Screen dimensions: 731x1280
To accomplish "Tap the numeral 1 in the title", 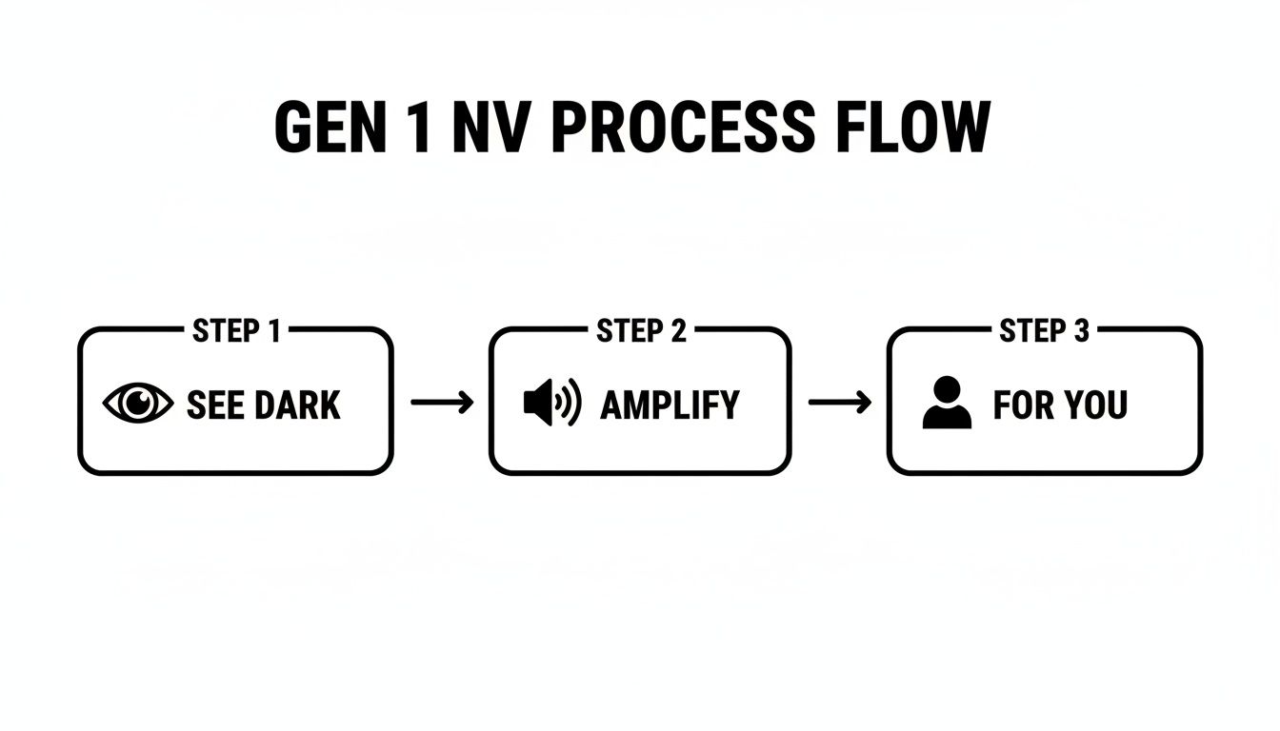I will [x=418, y=128].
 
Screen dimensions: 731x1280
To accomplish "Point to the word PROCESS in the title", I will [x=682, y=128].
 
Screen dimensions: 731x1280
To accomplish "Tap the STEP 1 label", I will [x=236, y=331].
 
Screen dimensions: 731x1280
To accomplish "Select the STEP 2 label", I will [x=641, y=331].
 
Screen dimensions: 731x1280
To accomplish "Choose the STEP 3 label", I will [x=1044, y=331].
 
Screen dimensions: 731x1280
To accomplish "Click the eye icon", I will [x=138, y=405].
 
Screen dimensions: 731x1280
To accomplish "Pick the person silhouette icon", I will [x=947, y=404].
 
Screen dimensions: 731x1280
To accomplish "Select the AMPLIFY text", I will [x=670, y=405].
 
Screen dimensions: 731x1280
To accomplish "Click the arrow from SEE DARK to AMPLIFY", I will [x=442, y=404].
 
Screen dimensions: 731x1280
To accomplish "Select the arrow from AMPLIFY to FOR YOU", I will [x=839, y=404].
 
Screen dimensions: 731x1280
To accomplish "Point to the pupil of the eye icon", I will [x=139, y=404].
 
